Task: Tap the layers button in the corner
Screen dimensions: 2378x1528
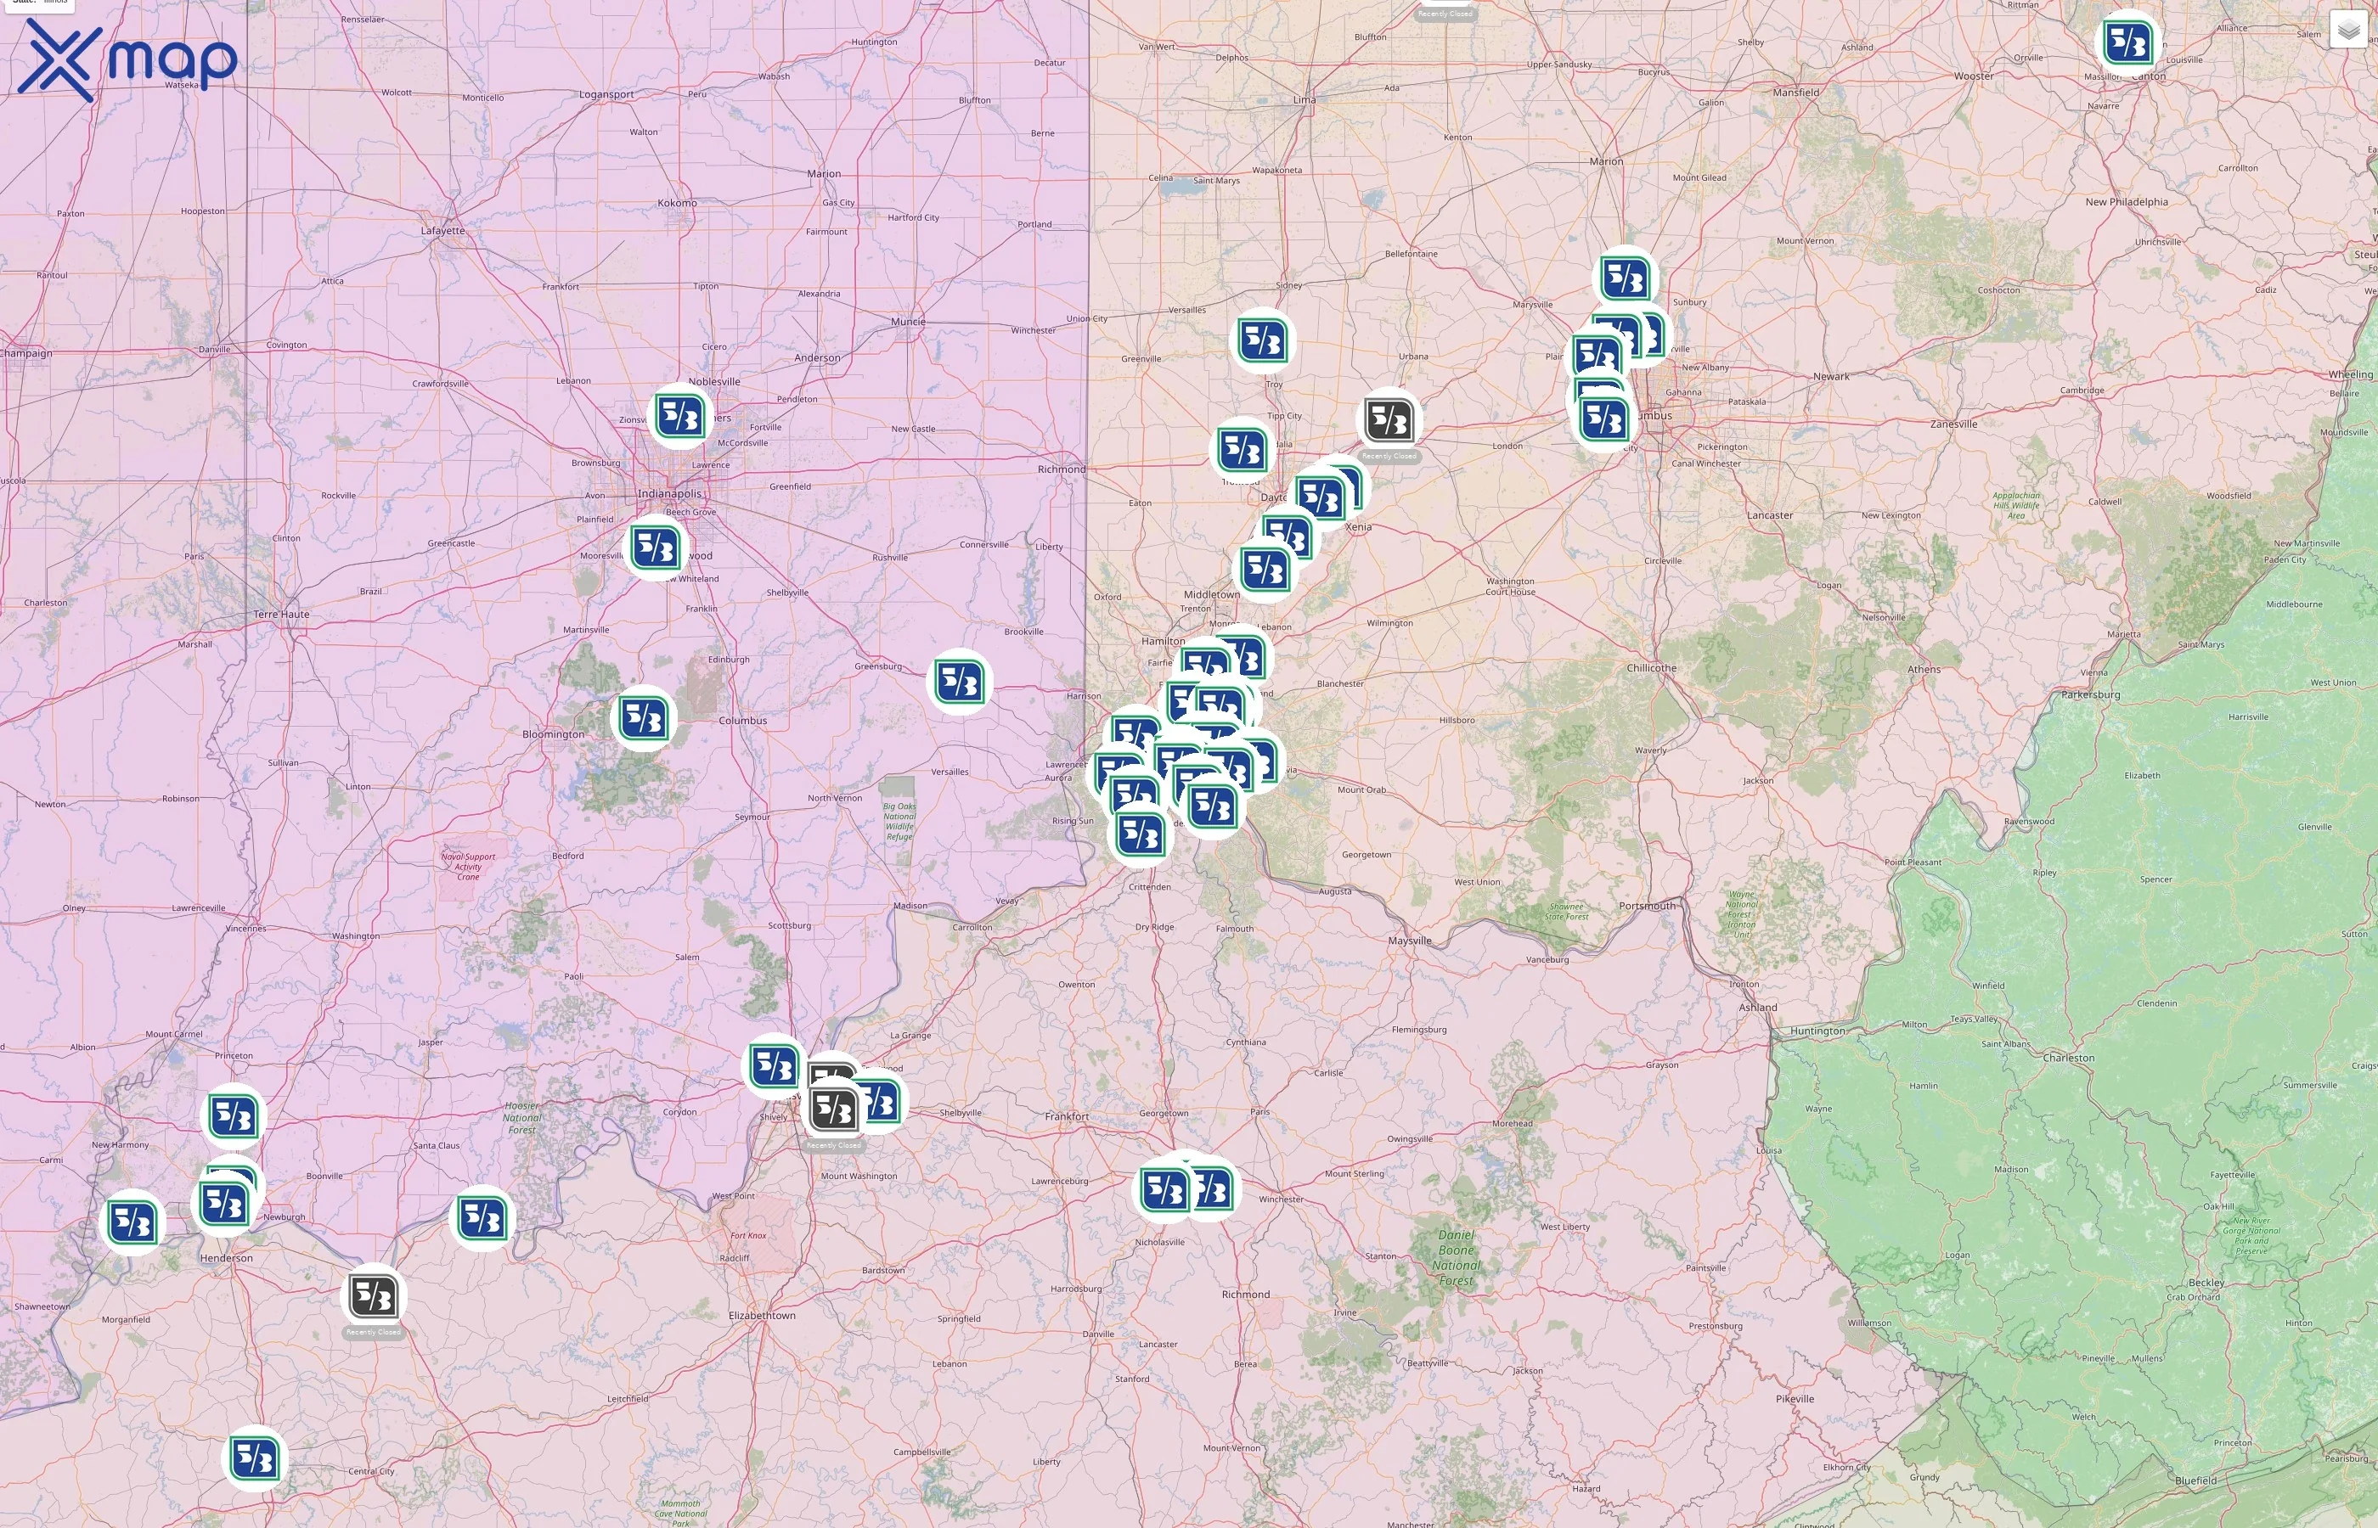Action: pyautogui.click(x=2348, y=31)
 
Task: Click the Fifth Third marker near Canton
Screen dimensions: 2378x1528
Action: pyautogui.click(x=2127, y=42)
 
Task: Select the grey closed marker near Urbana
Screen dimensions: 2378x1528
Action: pyautogui.click(x=1389, y=421)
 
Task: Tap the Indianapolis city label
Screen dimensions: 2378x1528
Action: pyautogui.click(x=669, y=494)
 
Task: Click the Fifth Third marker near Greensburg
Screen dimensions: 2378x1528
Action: pyautogui.click(x=959, y=682)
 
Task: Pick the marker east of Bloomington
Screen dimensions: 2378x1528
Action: pyautogui.click(x=643, y=718)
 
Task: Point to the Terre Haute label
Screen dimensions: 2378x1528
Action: pyautogui.click(x=281, y=615)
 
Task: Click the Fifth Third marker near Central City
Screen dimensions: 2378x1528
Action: pyautogui.click(x=254, y=1458)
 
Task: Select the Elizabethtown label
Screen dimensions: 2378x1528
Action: pyautogui.click(x=761, y=1316)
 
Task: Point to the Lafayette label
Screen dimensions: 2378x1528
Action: pyautogui.click(x=442, y=230)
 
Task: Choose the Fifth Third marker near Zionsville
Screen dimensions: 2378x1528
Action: pyautogui.click(x=681, y=416)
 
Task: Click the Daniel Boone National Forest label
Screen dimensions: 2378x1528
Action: pyautogui.click(x=1456, y=1257)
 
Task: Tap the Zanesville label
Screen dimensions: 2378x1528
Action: pyautogui.click(x=1953, y=424)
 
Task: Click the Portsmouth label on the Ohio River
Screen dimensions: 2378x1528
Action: pyautogui.click(x=1647, y=906)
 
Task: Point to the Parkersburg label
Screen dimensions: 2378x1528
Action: pyautogui.click(x=2090, y=694)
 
